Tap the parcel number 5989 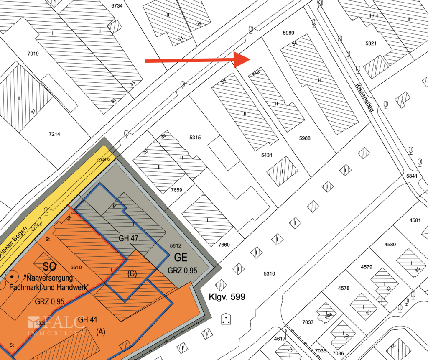(x=288, y=33)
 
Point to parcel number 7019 (x=33, y=54)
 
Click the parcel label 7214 (x=55, y=134)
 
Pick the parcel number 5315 (x=195, y=138)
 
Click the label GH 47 (x=129, y=239)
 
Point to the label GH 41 (x=87, y=320)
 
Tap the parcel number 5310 (x=269, y=273)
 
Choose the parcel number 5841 (x=411, y=176)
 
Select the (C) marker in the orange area (x=132, y=274)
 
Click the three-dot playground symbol (x=226, y=320)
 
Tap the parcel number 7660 (x=224, y=245)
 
